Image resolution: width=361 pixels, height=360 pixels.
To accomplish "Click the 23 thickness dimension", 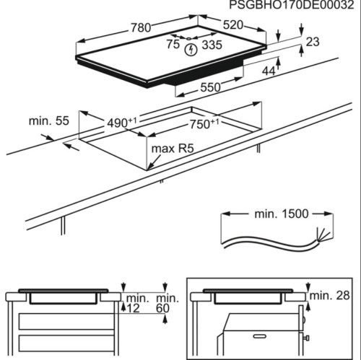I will point(312,43).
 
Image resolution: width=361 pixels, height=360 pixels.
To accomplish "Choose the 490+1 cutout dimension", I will point(122,123).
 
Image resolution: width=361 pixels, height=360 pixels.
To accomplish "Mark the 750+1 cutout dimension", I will point(205,124).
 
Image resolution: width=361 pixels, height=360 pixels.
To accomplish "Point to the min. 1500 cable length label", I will point(279,214).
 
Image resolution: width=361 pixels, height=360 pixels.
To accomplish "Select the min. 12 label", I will point(135,303).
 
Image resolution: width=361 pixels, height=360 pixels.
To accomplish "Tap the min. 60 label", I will point(165,303).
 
